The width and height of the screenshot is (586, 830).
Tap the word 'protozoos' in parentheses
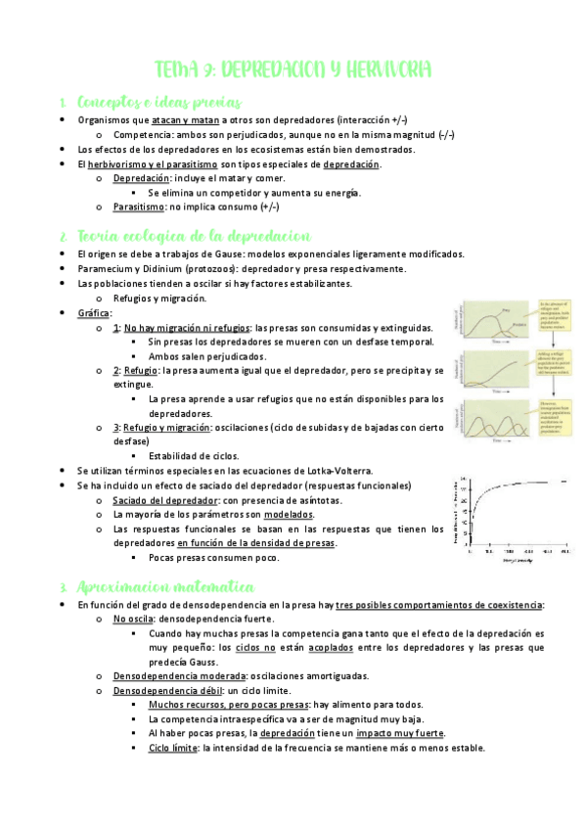click(x=223, y=269)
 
